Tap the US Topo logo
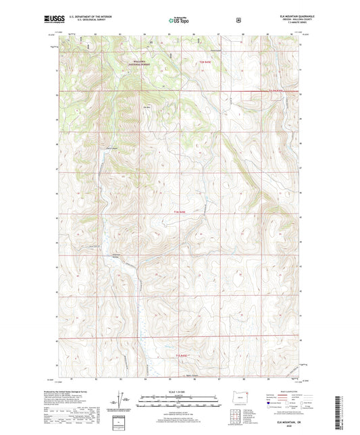coord(179,20)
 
